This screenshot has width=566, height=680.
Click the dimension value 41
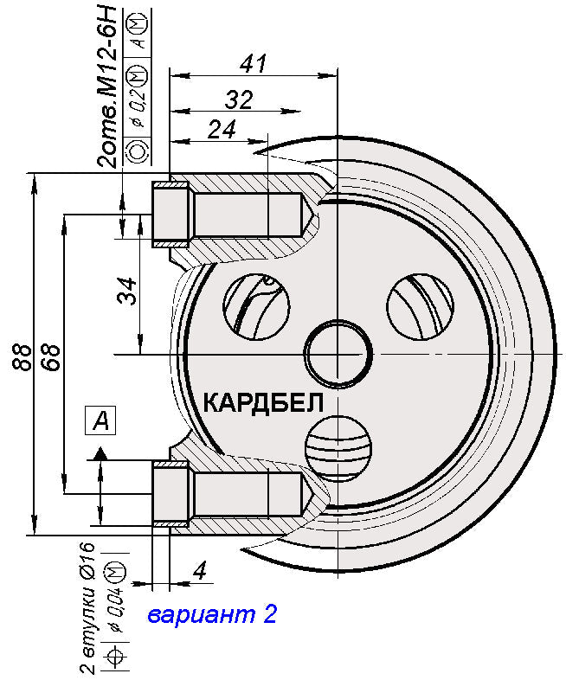[x=254, y=64]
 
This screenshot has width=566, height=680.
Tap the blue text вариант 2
[x=211, y=615]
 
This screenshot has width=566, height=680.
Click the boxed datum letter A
[x=100, y=421]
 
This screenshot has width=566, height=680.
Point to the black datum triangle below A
[x=100, y=452]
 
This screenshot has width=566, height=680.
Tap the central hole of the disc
[x=338, y=355]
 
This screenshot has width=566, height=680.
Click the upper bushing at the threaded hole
[x=170, y=215]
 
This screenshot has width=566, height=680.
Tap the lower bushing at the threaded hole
[x=170, y=494]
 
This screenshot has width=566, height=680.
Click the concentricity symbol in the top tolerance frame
[x=138, y=151]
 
